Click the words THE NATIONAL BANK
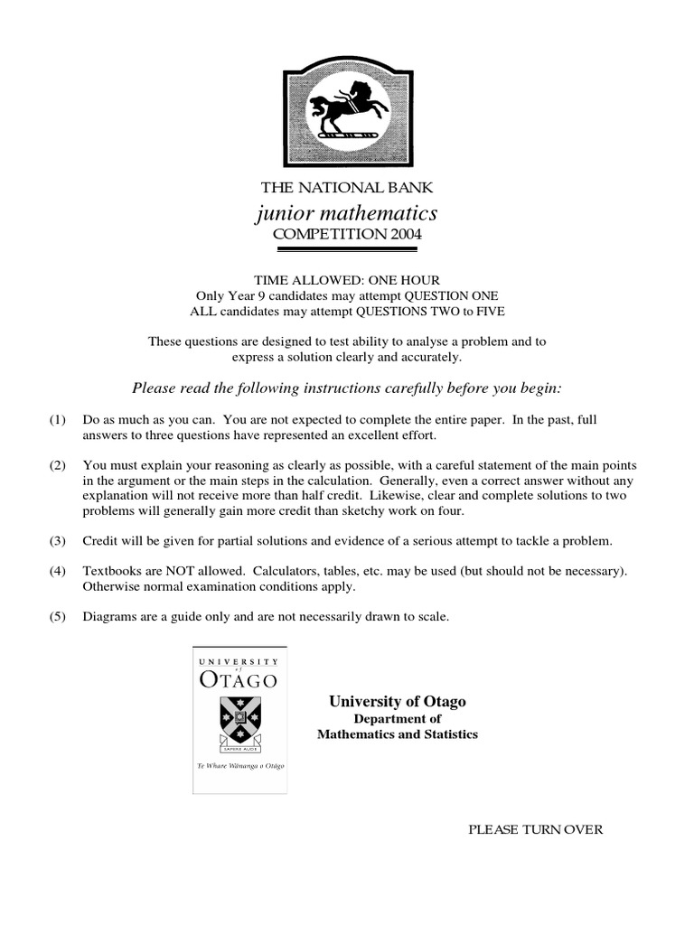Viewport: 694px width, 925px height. click(347, 188)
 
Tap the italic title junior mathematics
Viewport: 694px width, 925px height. click(347, 213)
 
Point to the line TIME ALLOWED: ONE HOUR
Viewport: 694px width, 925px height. click(347, 281)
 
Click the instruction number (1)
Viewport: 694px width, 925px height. click(57, 421)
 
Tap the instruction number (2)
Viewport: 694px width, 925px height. click(57, 465)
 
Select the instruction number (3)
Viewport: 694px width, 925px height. click(57, 541)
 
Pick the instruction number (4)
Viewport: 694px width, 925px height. click(57, 572)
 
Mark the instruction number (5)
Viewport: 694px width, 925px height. click(57, 618)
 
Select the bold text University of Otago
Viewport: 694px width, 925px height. click(398, 701)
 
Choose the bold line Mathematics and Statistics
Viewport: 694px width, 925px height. click(398, 734)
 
